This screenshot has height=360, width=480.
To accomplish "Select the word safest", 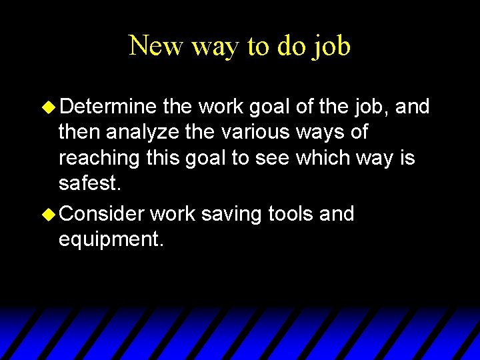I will (x=89, y=185).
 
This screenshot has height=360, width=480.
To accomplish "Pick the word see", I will (x=284, y=159).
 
